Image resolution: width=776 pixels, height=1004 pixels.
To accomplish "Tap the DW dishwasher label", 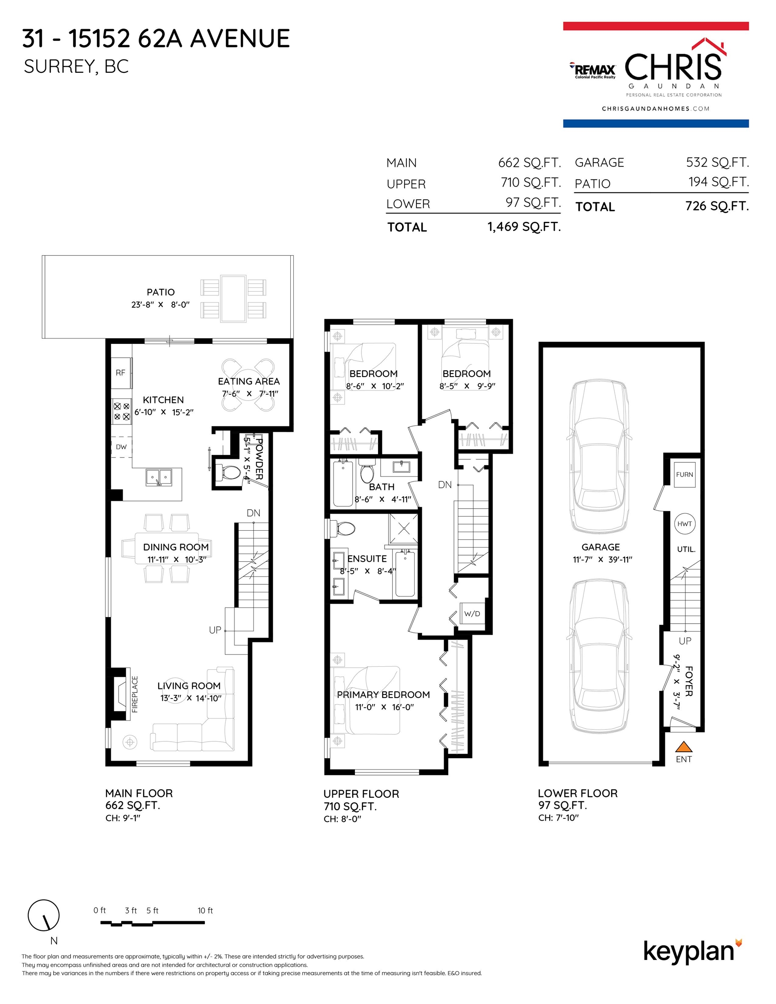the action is tap(121, 447).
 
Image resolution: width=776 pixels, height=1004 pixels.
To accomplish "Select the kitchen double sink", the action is tap(159, 477).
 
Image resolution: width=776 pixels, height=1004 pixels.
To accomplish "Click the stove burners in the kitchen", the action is tap(122, 411).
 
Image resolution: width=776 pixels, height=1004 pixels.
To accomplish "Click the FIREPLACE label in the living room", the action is tap(135, 694).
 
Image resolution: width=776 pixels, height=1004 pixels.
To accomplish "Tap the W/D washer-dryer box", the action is tap(473, 614).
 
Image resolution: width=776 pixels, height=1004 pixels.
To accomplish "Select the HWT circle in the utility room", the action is tap(684, 524).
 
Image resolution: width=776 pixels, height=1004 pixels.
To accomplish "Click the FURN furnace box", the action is tap(684, 475).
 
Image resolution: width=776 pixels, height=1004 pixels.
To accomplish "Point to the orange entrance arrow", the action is tap(684, 746).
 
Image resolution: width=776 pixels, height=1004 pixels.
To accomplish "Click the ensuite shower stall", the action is tap(404, 529).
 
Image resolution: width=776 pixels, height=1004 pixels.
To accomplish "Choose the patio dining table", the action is tap(233, 299).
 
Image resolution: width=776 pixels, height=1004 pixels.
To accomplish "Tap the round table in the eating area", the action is tap(248, 385).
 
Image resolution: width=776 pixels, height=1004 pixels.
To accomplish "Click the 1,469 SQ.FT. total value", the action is tap(524, 227).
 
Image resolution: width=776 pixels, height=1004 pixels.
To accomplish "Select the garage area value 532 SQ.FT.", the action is tap(717, 162).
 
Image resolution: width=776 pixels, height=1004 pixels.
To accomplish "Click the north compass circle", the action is tap(44, 915).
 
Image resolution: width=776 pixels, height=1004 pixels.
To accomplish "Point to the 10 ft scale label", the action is tap(205, 910).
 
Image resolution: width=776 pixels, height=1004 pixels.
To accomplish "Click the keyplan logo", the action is tap(692, 952).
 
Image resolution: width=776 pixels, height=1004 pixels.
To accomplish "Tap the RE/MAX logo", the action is tap(592, 70).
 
